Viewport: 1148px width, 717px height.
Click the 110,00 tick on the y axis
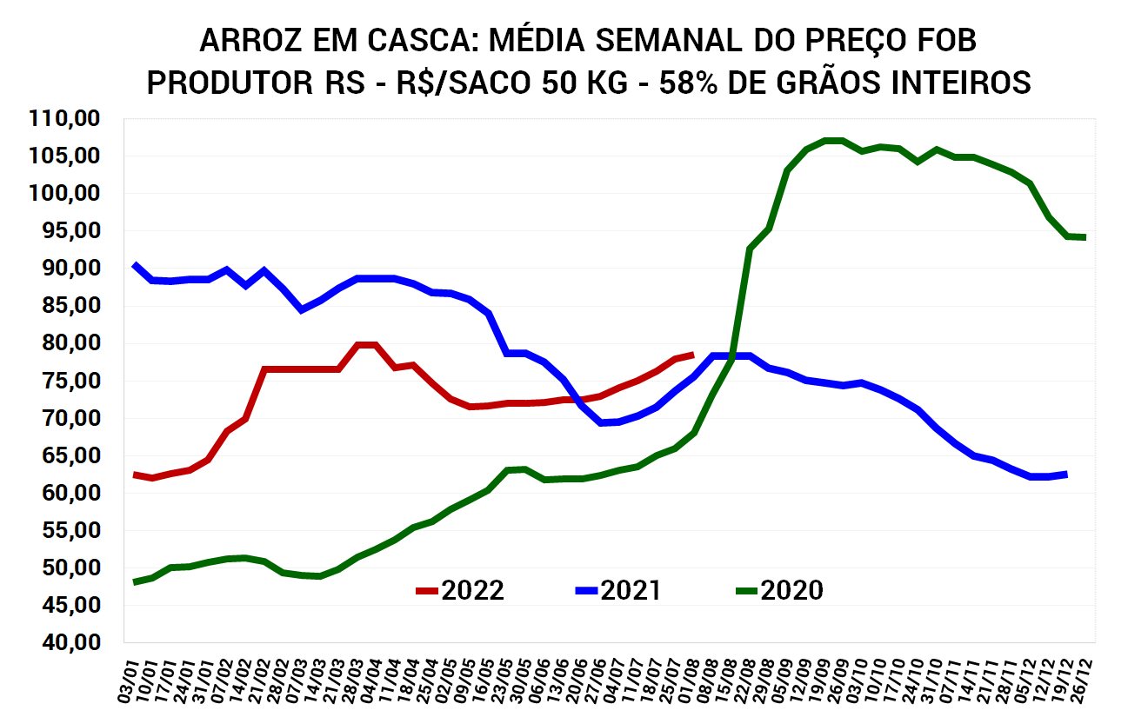(x=65, y=118)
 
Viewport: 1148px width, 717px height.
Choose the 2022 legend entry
(x=472, y=591)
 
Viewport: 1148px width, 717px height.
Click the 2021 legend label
(x=631, y=591)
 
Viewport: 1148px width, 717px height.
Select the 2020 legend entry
(x=791, y=591)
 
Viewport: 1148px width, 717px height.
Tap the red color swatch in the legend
(x=427, y=591)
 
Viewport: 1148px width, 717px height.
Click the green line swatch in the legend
(x=746, y=591)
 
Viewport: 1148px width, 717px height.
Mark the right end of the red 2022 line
(x=692, y=355)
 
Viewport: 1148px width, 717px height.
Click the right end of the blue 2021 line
(x=1066, y=474)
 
